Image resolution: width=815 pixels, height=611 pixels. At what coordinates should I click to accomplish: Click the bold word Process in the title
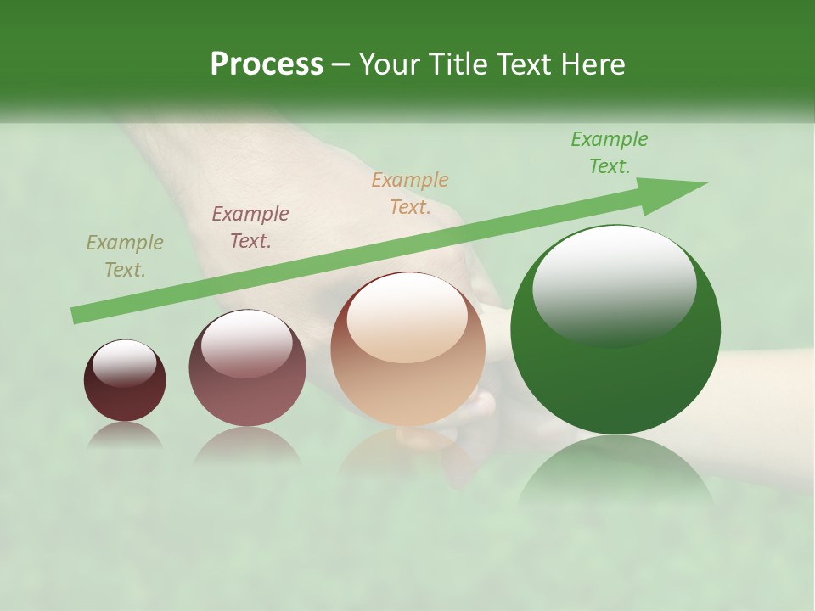[x=267, y=64]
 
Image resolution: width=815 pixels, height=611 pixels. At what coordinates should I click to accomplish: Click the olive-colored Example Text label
[x=124, y=256]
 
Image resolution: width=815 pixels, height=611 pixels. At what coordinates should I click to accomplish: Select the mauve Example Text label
[x=250, y=227]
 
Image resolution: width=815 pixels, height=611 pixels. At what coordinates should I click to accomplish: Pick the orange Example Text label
[x=409, y=193]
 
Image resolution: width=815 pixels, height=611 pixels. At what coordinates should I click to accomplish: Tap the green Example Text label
[x=609, y=153]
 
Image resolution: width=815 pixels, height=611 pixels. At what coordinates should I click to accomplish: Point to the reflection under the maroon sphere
[x=125, y=435]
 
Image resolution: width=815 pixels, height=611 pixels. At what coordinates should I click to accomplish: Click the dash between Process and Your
[x=340, y=65]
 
